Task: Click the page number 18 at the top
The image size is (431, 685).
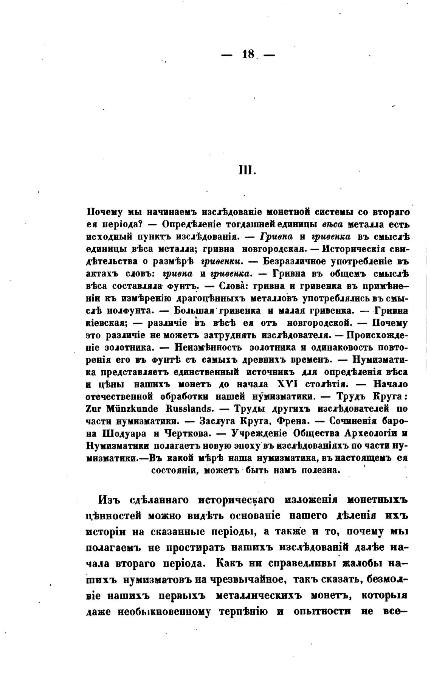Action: pos(248,54)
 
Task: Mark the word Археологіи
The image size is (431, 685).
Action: pos(367,433)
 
